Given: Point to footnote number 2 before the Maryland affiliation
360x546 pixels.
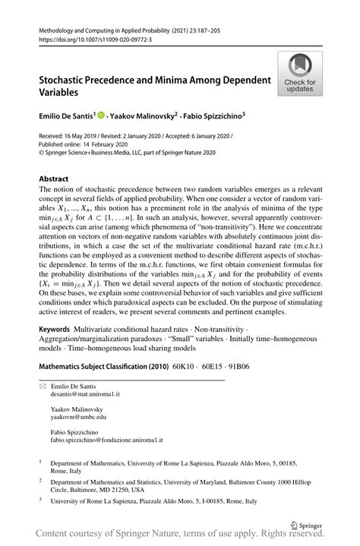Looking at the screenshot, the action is pos(40,480).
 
